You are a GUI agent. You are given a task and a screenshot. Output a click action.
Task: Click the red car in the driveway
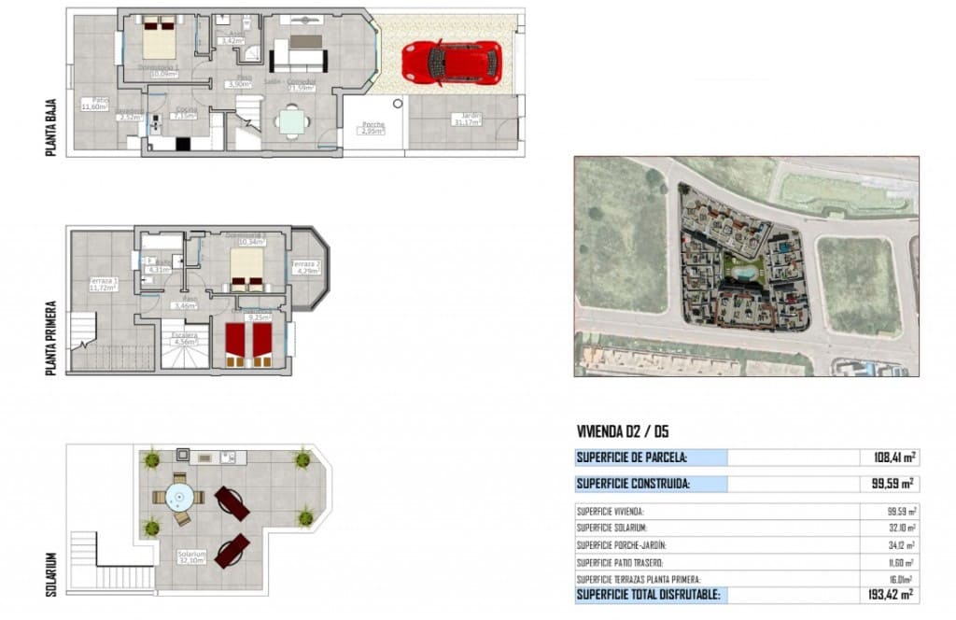(x=451, y=63)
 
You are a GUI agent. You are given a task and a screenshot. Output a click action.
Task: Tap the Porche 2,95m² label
(x=374, y=129)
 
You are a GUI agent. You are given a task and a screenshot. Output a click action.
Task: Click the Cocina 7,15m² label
(x=184, y=114)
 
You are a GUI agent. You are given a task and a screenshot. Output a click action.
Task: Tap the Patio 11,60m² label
(x=94, y=104)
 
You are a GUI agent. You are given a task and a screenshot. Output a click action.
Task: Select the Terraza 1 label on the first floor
(x=102, y=284)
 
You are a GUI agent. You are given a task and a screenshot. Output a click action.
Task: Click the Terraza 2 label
(x=305, y=268)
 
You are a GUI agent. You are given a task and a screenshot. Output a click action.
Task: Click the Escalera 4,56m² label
(x=184, y=338)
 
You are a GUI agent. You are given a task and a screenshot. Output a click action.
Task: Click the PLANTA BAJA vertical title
(x=52, y=128)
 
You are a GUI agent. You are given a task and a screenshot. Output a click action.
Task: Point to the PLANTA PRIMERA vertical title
(x=52, y=337)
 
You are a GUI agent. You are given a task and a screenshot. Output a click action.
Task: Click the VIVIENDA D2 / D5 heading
(x=623, y=431)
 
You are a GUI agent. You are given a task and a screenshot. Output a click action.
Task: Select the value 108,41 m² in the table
(x=888, y=458)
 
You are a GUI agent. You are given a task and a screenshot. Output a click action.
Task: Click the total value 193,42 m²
(x=887, y=594)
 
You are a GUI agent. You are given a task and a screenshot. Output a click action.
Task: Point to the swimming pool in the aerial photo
(x=744, y=272)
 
